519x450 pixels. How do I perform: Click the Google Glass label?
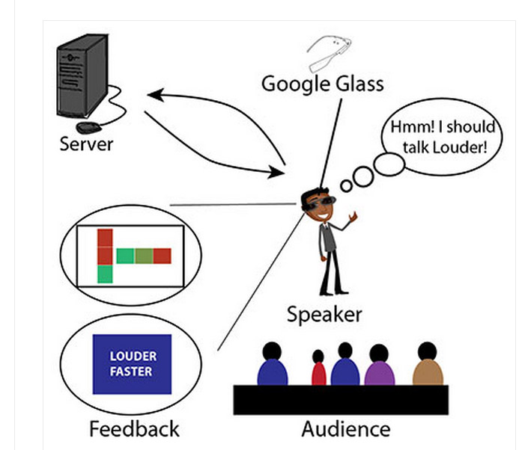coord(322,83)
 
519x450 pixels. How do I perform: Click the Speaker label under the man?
coord(324,314)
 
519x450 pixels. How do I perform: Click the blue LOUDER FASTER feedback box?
coord(131,364)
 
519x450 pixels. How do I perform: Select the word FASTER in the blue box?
coord(131,372)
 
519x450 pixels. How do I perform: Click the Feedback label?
coord(134,430)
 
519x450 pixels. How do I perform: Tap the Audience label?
coord(345,430)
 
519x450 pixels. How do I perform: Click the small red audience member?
coord(319,369)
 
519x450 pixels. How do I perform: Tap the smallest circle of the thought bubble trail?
coord(346,185)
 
